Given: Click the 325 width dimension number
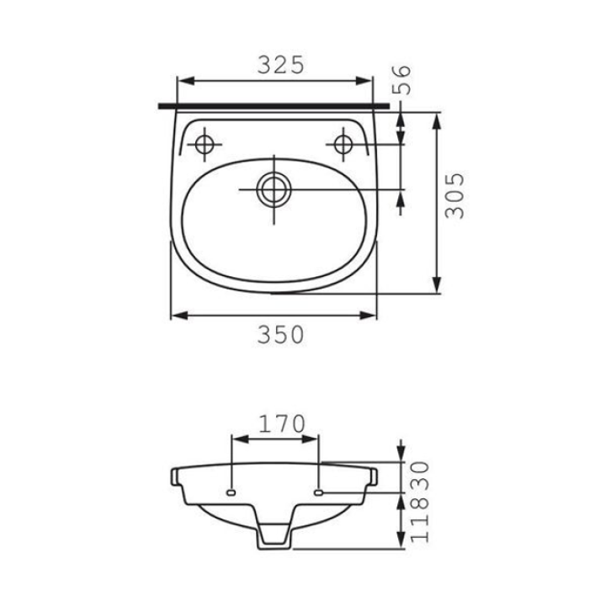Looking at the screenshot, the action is click(x=281, y=65).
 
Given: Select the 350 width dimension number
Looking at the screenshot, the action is click(x=281, y=335).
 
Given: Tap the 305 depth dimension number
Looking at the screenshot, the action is click(x=454, y=195).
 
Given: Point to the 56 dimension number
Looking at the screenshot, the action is click(x=401, y=80).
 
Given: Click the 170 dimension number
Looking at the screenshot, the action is click(x=282, y=424).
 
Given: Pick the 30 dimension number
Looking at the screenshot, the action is click(x=420, y=476).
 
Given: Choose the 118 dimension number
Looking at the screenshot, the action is click(x=420, y=518).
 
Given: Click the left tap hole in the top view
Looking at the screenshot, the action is click(x=204, y=145).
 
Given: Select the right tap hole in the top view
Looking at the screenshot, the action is click(x=343, y=145).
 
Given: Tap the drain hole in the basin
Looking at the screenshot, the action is click(x=274, y=189).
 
